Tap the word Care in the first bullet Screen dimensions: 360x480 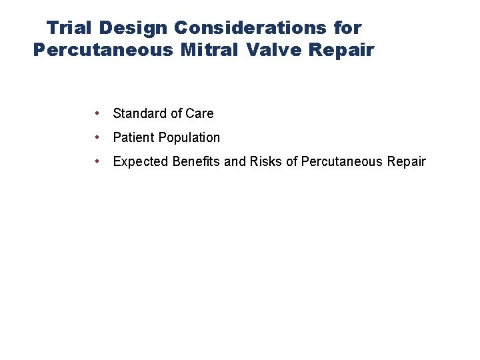pos(200,113)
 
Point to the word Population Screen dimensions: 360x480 pos(189,138)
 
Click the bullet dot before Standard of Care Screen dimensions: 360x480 pos(98,113)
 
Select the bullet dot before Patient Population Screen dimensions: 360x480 pos(98,137)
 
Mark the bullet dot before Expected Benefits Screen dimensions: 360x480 pos(98,161)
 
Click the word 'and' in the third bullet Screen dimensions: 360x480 pos(235,161)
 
